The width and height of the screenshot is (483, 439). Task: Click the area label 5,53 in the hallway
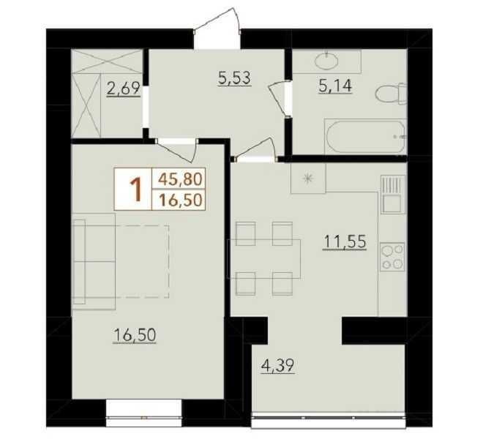click(x=234, y=78)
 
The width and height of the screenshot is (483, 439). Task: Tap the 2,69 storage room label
click(x=124, y=89)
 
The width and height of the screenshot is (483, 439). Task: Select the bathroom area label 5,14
click(x=335, y=86)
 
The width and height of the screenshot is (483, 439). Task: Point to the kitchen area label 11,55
click(x=345, y=241)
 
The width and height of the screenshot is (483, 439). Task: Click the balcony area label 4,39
click(x=277, y=367)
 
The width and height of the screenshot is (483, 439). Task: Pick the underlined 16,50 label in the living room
click(x=135, y=335)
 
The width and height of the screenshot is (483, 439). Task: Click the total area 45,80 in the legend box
click(x=180, y=179)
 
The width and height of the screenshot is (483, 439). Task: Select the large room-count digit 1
click(x=135, y=190)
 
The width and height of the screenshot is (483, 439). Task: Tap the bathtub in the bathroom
click(x=365, y=137)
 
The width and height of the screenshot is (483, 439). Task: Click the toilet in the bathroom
click(x=391, y=93)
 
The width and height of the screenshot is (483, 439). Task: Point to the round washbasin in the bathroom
click(x=326, y=60)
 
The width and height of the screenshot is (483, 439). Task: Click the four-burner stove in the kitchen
click(x=392, y=257)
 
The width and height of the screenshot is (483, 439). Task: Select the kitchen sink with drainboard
click(x=392, y=194)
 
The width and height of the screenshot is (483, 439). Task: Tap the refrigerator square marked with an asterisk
click(x=308, y=178)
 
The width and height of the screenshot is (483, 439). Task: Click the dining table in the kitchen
click(x=263, y=259)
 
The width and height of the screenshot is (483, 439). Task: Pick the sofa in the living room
click(x=94, y=261)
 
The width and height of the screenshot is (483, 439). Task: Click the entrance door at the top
click(x=217, y=29)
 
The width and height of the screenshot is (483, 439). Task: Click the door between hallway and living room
click(x=176, y=149)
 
